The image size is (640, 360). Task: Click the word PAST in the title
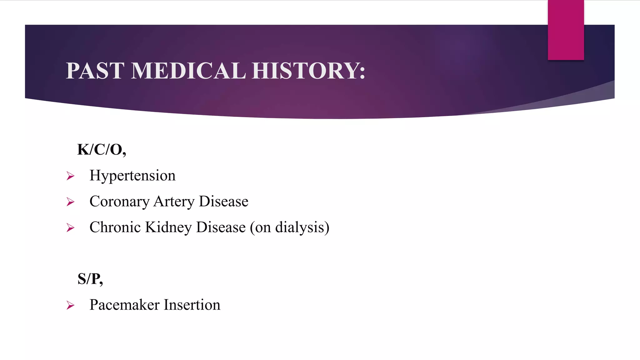[x=95, y=71]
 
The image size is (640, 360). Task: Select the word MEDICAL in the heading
[x=188, y=71]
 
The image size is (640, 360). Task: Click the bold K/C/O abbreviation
[x=101, y=150]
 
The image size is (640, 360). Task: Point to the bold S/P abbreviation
[x=90, y=279]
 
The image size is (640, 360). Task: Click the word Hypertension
[x=132, y=176]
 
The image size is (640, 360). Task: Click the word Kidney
[x=168, y=227]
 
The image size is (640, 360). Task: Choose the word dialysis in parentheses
[x=300, y=227]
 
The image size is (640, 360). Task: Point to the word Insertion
[x=192, y=305]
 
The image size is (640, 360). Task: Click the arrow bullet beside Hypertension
[x=71, y=176]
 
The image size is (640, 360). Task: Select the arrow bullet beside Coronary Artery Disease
[x=71, y=202]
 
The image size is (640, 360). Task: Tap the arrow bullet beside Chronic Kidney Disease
[x=71, y=228]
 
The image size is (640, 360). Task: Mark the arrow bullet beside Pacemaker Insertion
[x=71, y=305]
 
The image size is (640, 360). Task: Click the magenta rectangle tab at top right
[x=566, y=30]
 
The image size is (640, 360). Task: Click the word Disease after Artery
[x=223, y=202]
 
